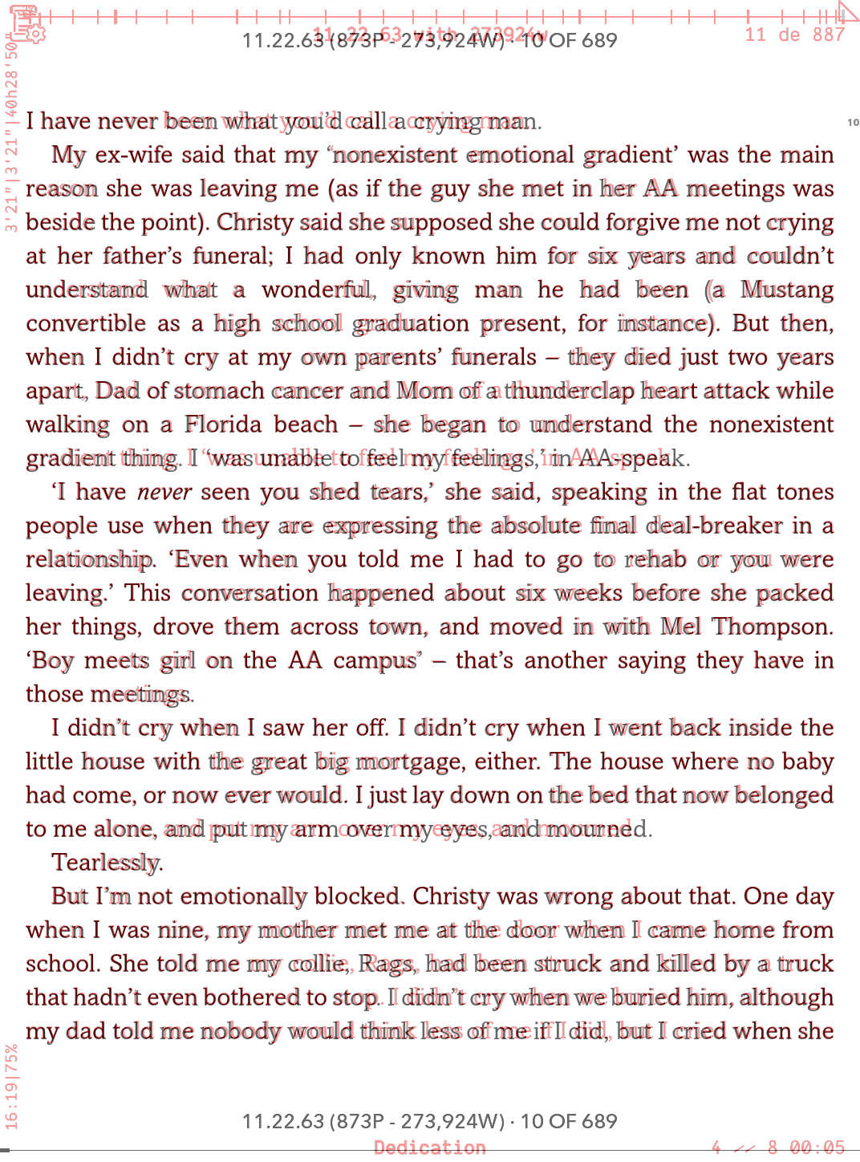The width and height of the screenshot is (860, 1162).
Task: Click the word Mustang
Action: (x=786, y=290)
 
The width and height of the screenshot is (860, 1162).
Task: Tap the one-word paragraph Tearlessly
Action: (x=107, y=863)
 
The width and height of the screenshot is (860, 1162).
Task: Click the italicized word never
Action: (x=164, y=492)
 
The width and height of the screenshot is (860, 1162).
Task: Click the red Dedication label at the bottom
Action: (x=430, y=1148)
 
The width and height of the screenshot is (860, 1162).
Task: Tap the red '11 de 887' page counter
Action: (x=794, y=35)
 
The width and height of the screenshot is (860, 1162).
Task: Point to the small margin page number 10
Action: (x=853, y=123)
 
